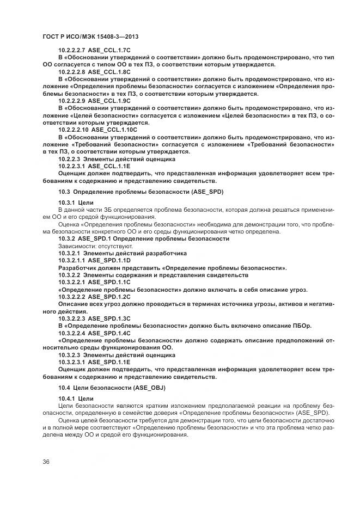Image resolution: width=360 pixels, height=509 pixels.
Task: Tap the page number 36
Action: [45, 462]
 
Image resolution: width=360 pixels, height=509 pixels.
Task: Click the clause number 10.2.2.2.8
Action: [71, 71]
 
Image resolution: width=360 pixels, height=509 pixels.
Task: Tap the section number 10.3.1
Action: [67, 202]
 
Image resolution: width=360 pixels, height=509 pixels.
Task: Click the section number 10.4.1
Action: [67, 399]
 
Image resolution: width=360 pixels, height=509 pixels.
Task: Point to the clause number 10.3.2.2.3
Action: [71, 318]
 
